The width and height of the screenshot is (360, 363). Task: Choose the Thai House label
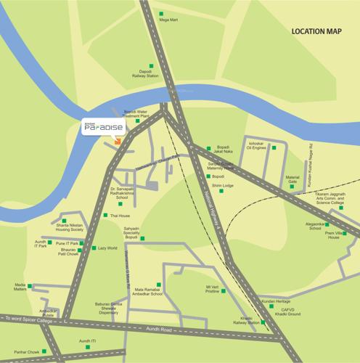(119, 216)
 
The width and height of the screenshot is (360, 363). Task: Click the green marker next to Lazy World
(93, 248)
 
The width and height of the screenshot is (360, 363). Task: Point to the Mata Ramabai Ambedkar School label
(152, 293)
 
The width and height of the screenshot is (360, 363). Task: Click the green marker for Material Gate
(292, 186)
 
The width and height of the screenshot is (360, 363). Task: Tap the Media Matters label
(15, 288)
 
